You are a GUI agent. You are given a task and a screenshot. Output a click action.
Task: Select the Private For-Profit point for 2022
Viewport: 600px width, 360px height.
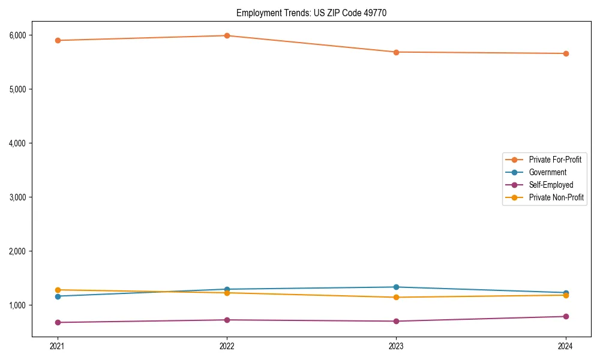click(227, 36)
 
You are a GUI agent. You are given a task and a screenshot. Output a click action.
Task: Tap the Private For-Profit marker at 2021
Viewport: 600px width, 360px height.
click(58, 40)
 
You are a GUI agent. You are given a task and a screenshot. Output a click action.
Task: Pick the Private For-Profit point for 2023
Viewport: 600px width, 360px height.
click(396, 52)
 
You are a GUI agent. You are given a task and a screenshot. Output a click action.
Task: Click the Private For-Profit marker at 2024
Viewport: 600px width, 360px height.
click(566, 53)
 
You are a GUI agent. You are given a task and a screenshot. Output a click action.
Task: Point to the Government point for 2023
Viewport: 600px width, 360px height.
click(396, 287)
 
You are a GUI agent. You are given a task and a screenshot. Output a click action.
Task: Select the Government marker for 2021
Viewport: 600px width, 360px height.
click(58, 296)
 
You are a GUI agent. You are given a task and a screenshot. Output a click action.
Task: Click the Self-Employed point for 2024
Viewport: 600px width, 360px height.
click(566, 316)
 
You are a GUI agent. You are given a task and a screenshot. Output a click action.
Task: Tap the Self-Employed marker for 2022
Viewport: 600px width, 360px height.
click(227, 320)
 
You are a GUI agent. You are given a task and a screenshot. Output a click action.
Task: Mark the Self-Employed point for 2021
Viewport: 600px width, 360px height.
click(58, 322)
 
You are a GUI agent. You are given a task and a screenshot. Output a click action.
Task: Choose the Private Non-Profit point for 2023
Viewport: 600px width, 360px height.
click(396, 298)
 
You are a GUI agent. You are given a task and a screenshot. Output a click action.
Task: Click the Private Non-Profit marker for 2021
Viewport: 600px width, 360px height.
click(58, 290)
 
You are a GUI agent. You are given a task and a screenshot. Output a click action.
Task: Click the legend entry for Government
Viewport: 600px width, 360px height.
click(547, 172)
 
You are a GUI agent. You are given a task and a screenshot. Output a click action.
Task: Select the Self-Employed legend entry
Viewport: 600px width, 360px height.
click(551, 185)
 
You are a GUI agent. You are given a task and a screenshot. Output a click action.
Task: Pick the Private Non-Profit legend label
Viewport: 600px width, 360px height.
click(556, 197)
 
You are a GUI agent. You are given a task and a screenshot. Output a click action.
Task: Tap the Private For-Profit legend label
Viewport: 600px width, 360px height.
click(555, 160)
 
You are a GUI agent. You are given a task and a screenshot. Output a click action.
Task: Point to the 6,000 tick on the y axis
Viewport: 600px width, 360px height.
click(17, 35)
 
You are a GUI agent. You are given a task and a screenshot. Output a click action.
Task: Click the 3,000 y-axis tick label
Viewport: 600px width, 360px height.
click(17, 197)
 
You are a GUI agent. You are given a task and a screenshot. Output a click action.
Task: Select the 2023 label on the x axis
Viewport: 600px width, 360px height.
click(396, 346)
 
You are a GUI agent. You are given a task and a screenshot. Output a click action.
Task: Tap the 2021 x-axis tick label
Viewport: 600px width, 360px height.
click(58, 346)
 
